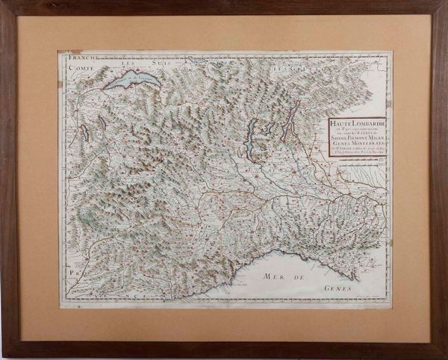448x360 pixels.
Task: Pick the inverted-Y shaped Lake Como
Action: [x=289, y=116]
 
